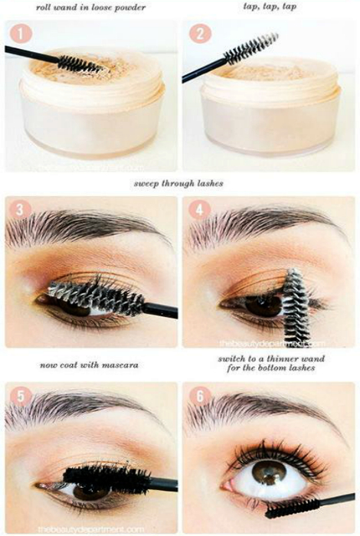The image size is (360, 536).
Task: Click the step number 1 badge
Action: click(x=21, y=34)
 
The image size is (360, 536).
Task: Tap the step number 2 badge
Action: click(x=200, y=34)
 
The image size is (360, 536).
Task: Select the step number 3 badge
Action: click(x=20, y=209)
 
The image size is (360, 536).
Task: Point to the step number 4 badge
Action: click(x=199, y=209)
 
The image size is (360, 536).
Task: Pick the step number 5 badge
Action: click(x=21, y=397)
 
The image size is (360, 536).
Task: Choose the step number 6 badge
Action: click(x=200, y=396)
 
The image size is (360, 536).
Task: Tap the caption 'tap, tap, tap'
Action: click(x=270, y=7)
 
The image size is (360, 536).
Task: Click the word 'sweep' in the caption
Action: click(x=146, y=184)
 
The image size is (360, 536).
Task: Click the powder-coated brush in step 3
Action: click(x=97, y=294)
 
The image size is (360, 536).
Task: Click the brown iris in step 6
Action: click(x=269, y=472)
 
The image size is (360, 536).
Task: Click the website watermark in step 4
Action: click(x=272, y=343)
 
